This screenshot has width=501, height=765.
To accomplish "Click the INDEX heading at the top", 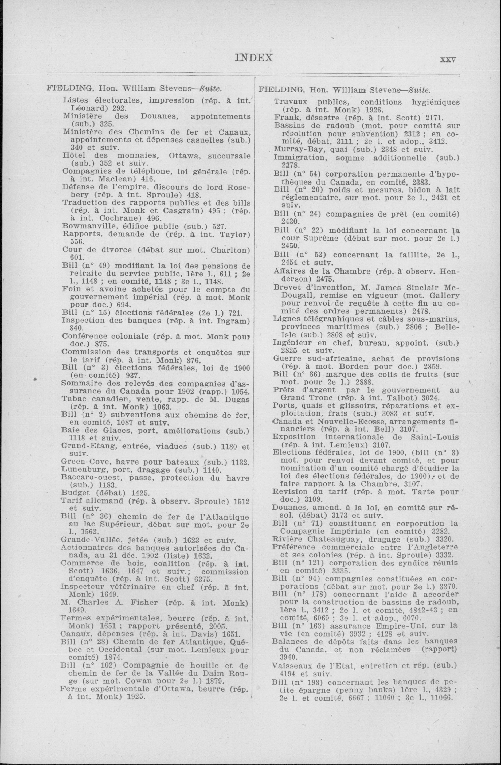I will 254,58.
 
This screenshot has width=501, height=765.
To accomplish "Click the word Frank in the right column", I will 284,118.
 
